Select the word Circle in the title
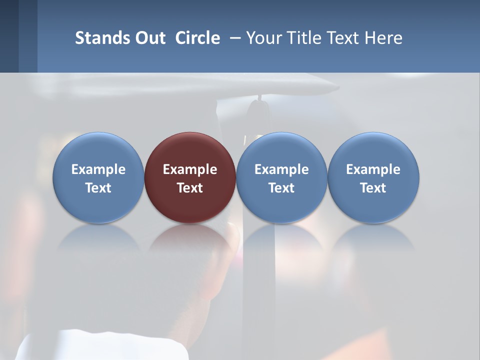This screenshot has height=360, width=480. click(197, 38)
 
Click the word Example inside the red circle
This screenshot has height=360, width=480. click(190, 169)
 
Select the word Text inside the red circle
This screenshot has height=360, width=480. click(190, 188)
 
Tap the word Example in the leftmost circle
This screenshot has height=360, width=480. click(98, 169)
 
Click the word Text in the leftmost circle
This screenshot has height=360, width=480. click(98, 188)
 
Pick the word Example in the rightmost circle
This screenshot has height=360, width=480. click(373, 169)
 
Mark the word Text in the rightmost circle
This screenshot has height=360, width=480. click(373, 188)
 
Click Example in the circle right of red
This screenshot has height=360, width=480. click(281, 169)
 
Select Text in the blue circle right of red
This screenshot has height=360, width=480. click(281, 188)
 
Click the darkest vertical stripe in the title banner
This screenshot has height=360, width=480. click(9, 36)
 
